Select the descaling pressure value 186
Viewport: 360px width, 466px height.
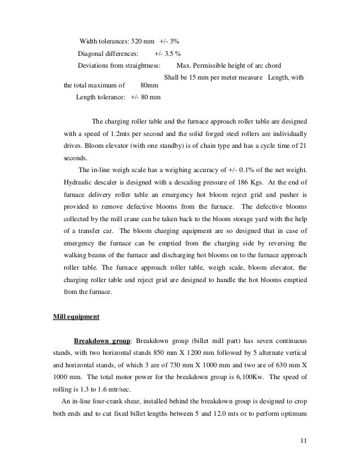click(x=220, y=183)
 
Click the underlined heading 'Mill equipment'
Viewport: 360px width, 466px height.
click(x=76, y=316)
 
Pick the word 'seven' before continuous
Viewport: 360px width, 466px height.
click(x=265, y=341)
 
